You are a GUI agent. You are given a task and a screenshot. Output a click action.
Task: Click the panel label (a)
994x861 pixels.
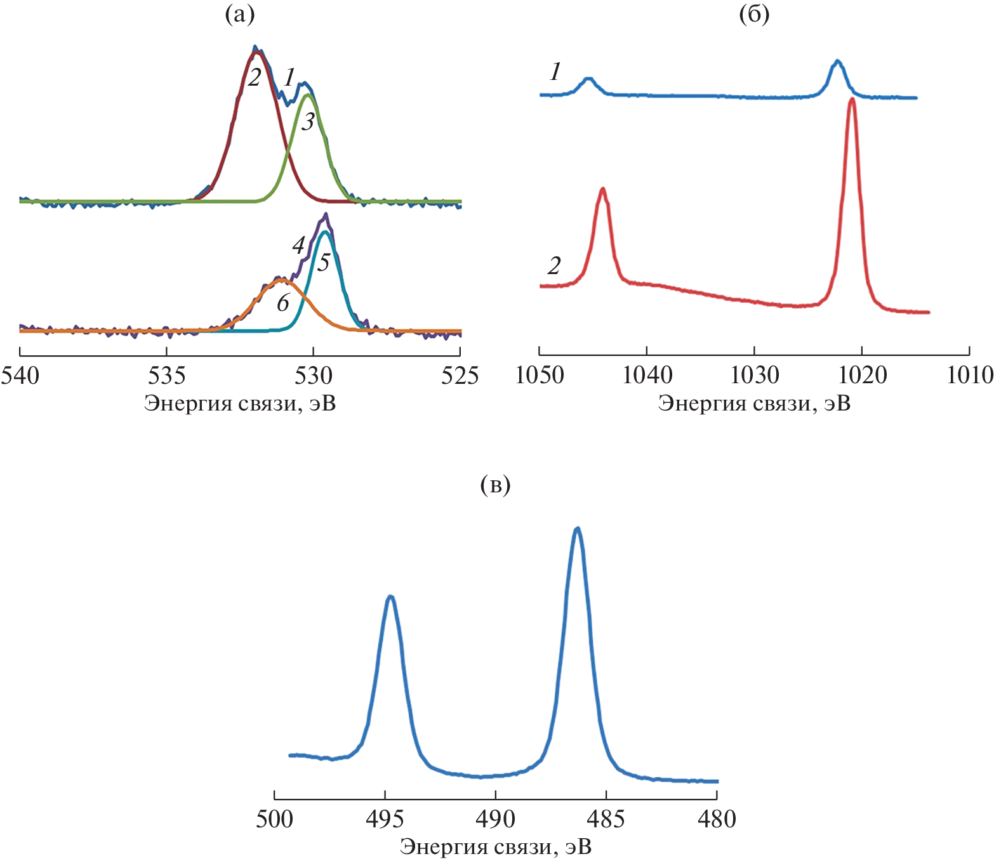[x=240, y=15]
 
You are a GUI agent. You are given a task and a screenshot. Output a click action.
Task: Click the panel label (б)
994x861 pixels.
[x=754, y=15]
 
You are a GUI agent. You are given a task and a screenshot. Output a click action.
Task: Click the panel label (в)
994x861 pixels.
[x=496, y=485]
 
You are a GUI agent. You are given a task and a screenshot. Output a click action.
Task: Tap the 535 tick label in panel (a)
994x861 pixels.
[x=166, y=376]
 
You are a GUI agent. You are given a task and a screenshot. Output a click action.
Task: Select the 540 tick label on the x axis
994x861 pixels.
[x=20, y=376]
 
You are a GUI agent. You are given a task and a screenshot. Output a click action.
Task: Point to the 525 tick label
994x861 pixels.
[x=460, y=376]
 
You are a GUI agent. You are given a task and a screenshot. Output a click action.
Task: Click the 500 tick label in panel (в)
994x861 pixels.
[x=274, y=819]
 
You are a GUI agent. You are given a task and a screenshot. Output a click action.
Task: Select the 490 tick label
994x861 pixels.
[x=496, y=819]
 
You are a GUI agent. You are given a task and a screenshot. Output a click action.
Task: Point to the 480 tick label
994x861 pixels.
[x=717, y=819]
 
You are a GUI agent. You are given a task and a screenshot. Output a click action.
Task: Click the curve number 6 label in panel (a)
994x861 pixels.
[x=282, y=303]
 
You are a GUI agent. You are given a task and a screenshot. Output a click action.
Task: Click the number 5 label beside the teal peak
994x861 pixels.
[x=324, y=263]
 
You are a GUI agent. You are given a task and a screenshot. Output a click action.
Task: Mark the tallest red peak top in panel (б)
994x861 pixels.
[x=852, y=99]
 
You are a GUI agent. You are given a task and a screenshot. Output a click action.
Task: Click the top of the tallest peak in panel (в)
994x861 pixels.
[x=577, y=529]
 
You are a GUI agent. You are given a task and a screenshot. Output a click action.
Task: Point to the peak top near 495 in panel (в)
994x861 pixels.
[x=390, y=596]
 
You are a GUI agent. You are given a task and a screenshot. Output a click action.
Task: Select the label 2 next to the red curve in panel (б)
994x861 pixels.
[x=554, y=266]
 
